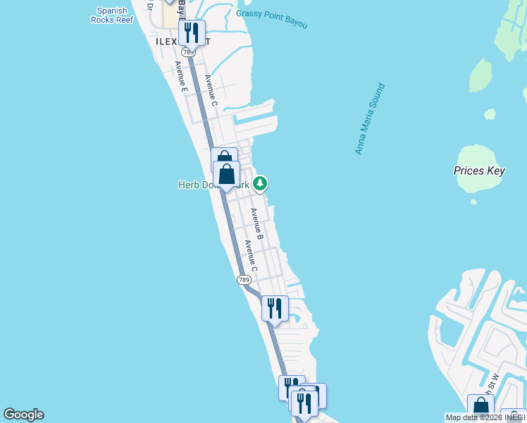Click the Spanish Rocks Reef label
(111, 16)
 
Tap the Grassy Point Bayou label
(272, 19)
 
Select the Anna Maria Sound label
(371, 119)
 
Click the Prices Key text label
(479, 171)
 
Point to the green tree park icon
(261, 184)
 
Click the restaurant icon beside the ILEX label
(192, 32)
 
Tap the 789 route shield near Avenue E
(188, 52)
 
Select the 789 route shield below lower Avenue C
(244, 280)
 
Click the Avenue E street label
(180, 77)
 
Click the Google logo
(23, 415)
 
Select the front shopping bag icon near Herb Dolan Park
(227, 174)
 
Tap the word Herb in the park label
(188, 185)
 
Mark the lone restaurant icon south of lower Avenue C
(275, 308)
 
